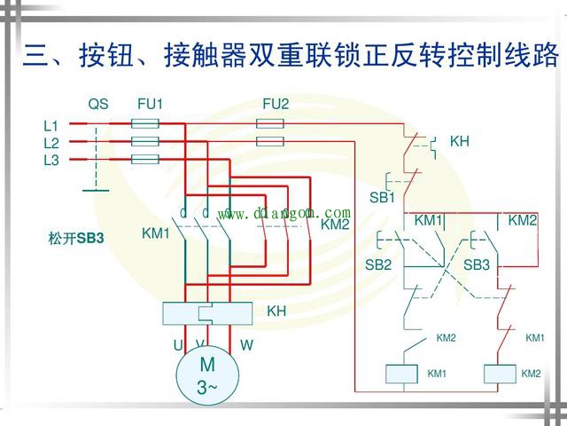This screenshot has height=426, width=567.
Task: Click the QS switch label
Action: click(x=97, y=105)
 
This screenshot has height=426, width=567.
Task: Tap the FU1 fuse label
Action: click(x=150, y=105)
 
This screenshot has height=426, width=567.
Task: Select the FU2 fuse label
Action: click(x=276, y=105)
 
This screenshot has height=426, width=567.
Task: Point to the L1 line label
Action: click(x=50, y=126)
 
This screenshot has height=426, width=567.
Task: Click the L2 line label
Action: click(x=50, y=143)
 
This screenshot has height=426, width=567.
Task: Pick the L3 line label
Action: click(x=50, y=160)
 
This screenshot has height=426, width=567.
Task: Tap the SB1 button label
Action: click(x=382, y=197)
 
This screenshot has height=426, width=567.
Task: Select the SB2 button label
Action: click(x=378, y=264)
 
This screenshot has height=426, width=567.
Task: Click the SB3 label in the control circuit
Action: click(x=477, y=264)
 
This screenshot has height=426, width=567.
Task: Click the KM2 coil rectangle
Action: click(x=501, y=374)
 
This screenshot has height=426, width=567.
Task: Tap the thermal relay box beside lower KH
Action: click(x=206, y=312)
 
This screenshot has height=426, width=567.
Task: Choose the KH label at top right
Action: click(x=460, y=141)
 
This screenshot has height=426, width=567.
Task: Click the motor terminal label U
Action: click(x=177, y=344)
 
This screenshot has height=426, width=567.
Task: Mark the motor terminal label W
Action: click(x=246, y=344)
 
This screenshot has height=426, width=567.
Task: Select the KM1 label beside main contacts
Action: click(x=155, y=233)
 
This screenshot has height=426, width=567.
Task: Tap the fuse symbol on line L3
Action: click(x=144, y=160)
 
